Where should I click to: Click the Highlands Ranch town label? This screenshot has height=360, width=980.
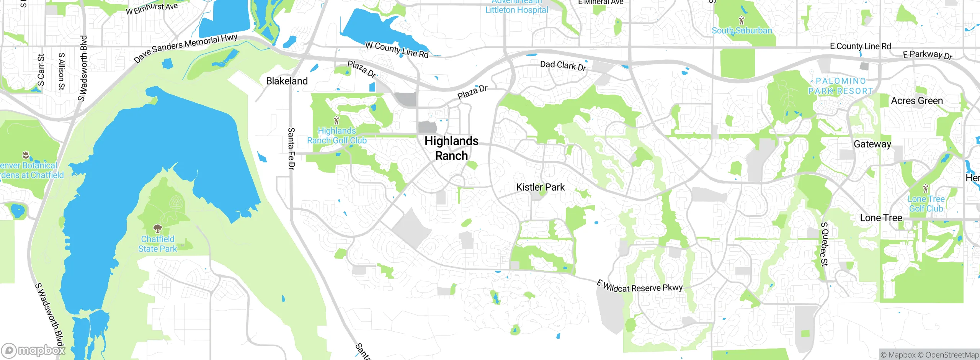(x=451, y=148)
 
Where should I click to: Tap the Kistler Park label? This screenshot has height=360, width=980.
(x=540, y=187)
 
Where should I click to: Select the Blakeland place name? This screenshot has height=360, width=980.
(x=287, y=81)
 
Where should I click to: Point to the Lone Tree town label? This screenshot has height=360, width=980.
(x=881, y=218)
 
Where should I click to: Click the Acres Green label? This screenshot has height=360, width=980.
(x=917, y=101)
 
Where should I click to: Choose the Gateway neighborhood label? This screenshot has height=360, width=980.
(x=872, y=144)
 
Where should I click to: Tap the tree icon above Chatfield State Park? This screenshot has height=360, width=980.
(x=157, y=229)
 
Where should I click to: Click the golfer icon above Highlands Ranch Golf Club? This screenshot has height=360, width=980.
(x=336, y=121)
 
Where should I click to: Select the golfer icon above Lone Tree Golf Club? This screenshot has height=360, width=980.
(x=926, y=188)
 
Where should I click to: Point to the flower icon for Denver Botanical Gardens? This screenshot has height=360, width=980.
(x=26, y=155)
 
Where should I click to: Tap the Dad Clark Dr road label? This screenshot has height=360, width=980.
(x=563, y=65)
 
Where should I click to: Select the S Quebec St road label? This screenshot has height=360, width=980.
(x=824, y=244)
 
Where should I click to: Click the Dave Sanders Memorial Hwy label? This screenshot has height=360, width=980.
(x=186, y=48)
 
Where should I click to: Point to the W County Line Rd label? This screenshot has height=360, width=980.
(x=397, y=50)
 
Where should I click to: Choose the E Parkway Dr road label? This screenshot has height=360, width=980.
(x=927, y=55)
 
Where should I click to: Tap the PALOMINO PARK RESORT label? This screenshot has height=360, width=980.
(x=840, y=86)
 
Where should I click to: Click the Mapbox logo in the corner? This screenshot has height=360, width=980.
(x=33, y=350)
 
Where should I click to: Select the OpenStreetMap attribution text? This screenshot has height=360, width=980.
(x=952, y=355)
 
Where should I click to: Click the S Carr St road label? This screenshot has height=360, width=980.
(x=41, y=70)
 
